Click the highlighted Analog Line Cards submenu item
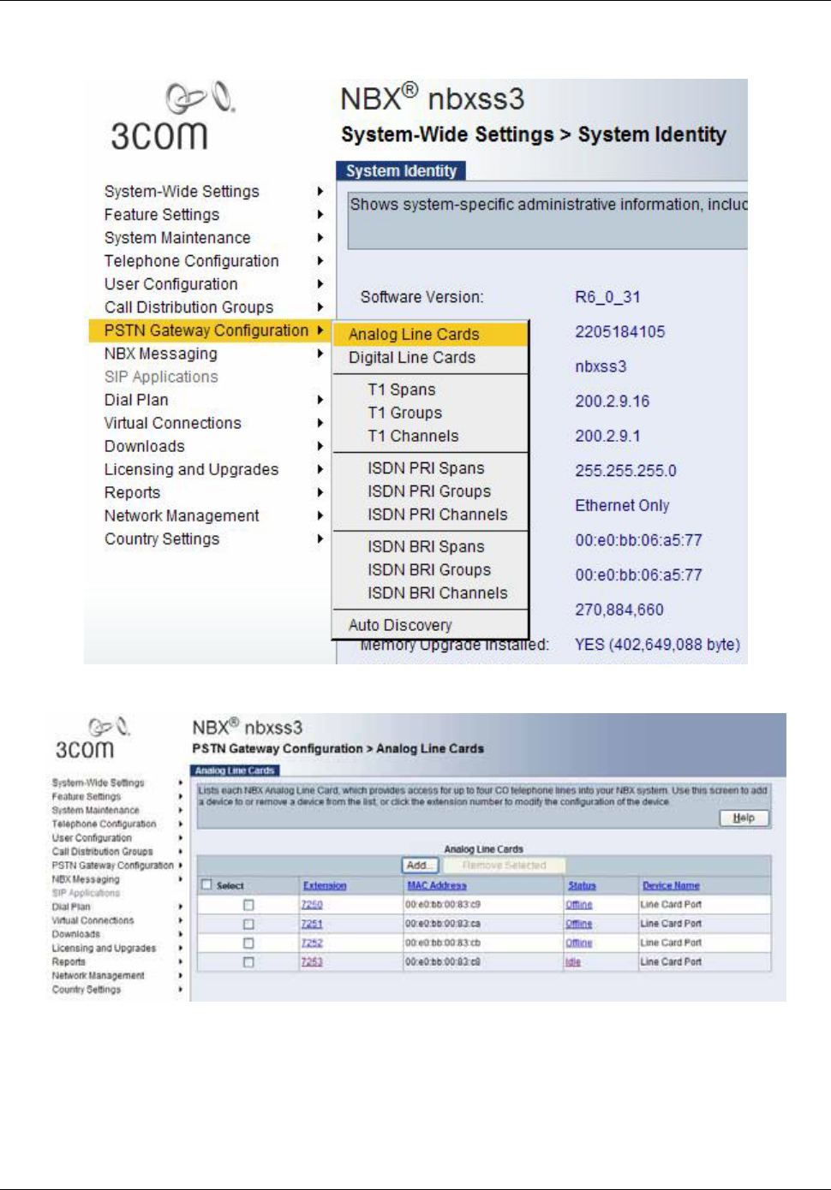pyautogui.click(x=414, y=334)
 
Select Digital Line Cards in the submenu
pyautogui.click(x=411, y=358)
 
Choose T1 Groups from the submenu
pyautogui.click(x=404, y=413)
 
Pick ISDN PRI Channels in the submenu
pyautogui.click(x=437, y=515)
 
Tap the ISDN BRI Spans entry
pyautogui.click(x=426, y=546)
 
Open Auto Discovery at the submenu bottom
pyautogui.click(x=400, y=625)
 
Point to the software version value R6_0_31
pyautogui.click(x=607, y=297)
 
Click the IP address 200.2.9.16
pyautogui.click(x=612, y=401)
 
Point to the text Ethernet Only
pyautogui.click(x=622, y=505)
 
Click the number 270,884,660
pyautogui.click(x=619, y=610)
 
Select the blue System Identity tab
pyautogui.click(x=401, y=170)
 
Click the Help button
pyautogui.click(x=744, y=818)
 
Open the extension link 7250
pyautogui.click(x=312, y=905)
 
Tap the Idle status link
pyautogui.click(x=572, y=962)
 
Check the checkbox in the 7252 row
pyautogui.click(x=248, y=943)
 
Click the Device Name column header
pyautogui.click(x=671, y=885)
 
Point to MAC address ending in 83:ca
pyautogui.click(x=443, y=924)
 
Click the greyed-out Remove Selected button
pyautogui.click(x=504, y=866)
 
